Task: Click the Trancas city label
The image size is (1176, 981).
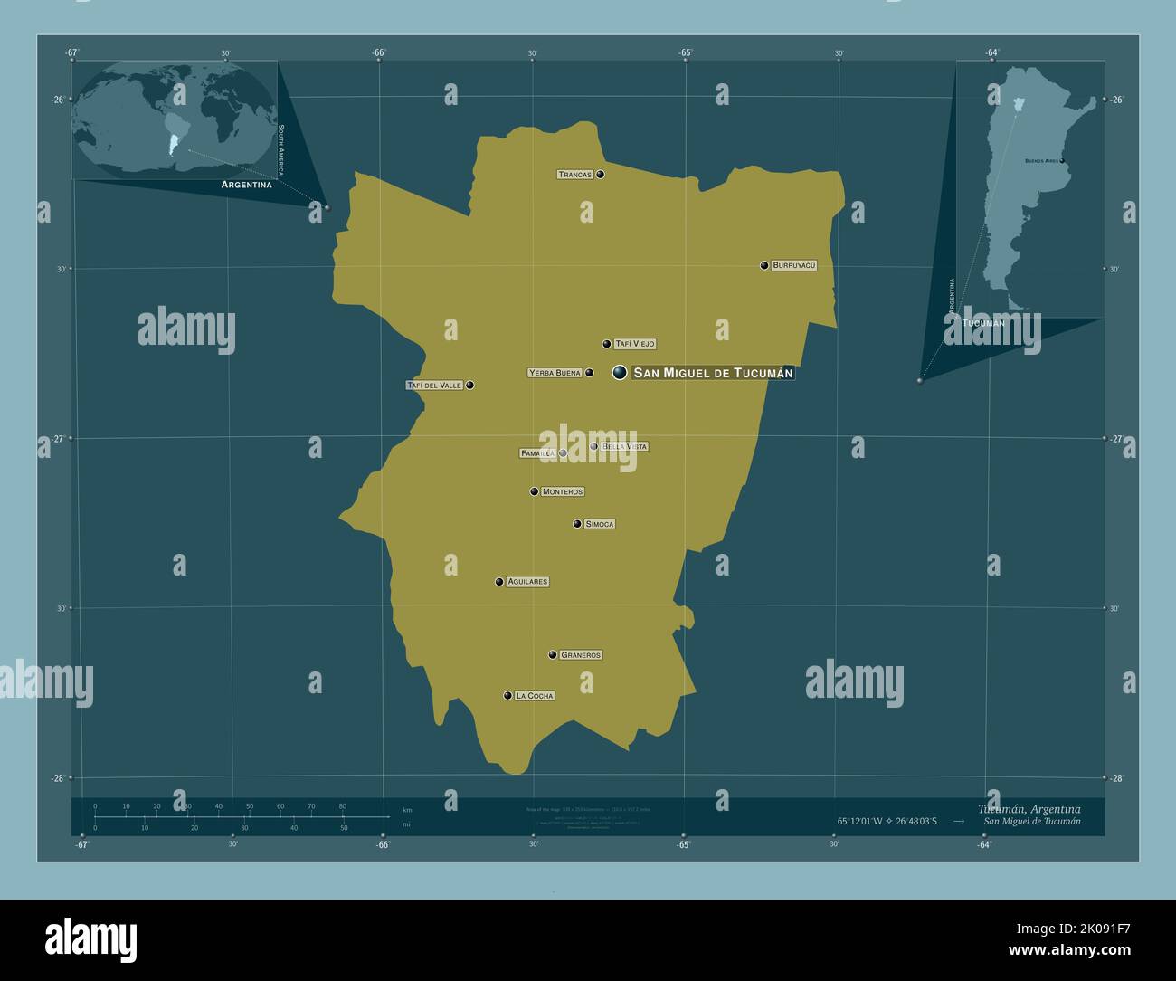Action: [575, 174]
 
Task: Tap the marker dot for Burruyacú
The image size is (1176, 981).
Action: [764, 265]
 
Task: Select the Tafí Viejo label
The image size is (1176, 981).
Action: [634, 344]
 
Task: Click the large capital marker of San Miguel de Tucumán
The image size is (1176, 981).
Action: [620, 372]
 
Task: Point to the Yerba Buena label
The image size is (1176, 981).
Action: [555, 373]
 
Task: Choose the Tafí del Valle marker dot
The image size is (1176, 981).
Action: [469, 386]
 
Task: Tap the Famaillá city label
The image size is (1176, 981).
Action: [537, 453]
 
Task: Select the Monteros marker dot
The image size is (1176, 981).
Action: [535, 491]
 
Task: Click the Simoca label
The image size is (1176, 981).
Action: [600, 524]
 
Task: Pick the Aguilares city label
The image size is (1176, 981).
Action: [527, 582]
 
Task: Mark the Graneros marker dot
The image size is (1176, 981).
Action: [552, 655]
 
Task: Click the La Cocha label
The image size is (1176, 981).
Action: [534, 696]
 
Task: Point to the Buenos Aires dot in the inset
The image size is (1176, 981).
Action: [1062, 161]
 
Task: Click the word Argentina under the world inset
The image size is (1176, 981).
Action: [247, 185]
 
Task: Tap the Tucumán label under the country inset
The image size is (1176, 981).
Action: [983, 323]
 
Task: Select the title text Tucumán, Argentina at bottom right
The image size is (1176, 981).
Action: [1029, 808]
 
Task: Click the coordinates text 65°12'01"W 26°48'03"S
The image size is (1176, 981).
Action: [887, 822]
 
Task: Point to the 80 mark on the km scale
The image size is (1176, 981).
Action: [343, 806]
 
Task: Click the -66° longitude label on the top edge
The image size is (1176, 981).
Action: [379, 52]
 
